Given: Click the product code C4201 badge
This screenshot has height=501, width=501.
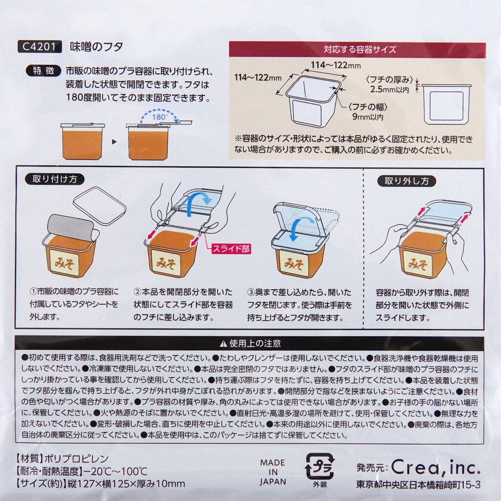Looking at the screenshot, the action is pos(39,46).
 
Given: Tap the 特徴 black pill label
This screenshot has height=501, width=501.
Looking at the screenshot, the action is pos(44,70).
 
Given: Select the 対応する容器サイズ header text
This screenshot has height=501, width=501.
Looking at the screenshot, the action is pos(360,49).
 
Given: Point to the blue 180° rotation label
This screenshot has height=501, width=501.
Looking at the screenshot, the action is pos(159,117).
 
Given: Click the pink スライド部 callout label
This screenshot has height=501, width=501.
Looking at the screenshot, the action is pos(231,249).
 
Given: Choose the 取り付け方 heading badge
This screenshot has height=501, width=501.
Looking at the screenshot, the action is pos(55,179).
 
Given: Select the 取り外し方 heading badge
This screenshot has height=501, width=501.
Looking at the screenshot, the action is pos(407,181).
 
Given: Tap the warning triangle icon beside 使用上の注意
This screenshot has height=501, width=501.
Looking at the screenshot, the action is pos(223,343).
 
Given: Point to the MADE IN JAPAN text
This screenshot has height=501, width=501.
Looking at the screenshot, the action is pos(273,472).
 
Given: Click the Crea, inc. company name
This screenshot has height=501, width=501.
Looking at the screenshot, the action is pos(436,467).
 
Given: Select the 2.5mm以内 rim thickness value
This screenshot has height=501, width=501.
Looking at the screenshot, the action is pos(389,89).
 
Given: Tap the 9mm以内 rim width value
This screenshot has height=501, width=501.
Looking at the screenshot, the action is pos(367,116).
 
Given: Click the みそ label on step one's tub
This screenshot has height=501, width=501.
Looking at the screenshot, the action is pos(65,263).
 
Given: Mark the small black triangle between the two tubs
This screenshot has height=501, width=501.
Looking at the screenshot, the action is pos(114,141).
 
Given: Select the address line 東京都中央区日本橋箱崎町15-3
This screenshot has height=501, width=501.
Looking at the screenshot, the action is pos(418,485).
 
